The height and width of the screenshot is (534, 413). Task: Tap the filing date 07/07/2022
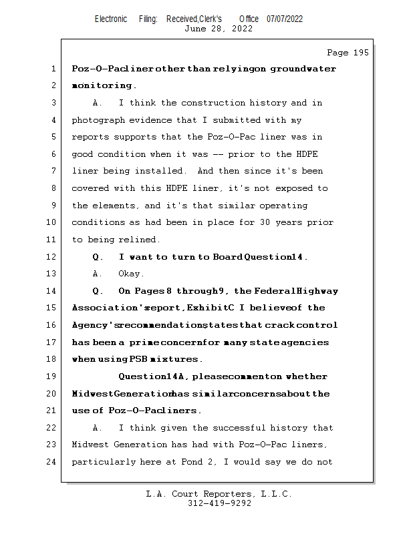pyautogui.click(x=285, y=19)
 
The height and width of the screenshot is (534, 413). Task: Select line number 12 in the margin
pyautogui.click(x=53, y=257)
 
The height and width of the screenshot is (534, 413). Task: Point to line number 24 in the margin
pyautogui.click(x=53, y=462)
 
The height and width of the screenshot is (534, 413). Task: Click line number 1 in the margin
pyautogui.click(x=53, y=69)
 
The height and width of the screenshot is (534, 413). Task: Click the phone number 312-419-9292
pyautogui.click(x=220, y=504)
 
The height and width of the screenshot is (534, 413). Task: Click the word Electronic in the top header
pyautogui.click(x=111, y=19)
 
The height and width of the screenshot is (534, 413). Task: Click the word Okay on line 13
pyautogui.click(x=132, y=274)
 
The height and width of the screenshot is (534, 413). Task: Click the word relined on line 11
pyautogui.click(x=140, y=240)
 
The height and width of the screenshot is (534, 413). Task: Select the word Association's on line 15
pyautogui.click(x=105, y=308)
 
